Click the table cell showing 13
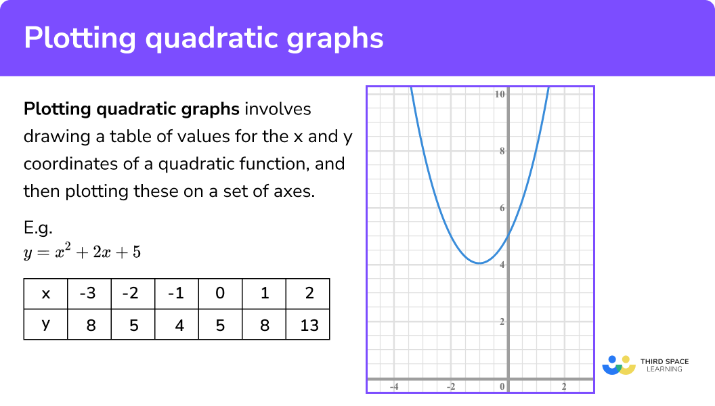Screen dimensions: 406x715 tap(308, 325)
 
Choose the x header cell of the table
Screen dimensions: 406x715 tap(46, 294)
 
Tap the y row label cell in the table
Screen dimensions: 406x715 tap(46, 325)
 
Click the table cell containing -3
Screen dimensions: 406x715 tap(89, 294)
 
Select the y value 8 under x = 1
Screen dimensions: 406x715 tap(265, 325)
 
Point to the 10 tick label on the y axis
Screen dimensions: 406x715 tap(500, 94)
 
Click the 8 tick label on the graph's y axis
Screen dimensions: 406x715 tap(502, 151)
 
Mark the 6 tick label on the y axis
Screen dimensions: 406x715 tap(502, 208)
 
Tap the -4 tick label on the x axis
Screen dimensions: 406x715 tap(393, 386)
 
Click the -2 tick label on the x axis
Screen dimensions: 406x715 tap(450, 386)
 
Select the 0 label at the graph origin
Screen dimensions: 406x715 tap(502, 386)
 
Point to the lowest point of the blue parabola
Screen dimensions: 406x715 tap(479, 263)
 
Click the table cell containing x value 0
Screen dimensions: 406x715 tap(220, 294)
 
